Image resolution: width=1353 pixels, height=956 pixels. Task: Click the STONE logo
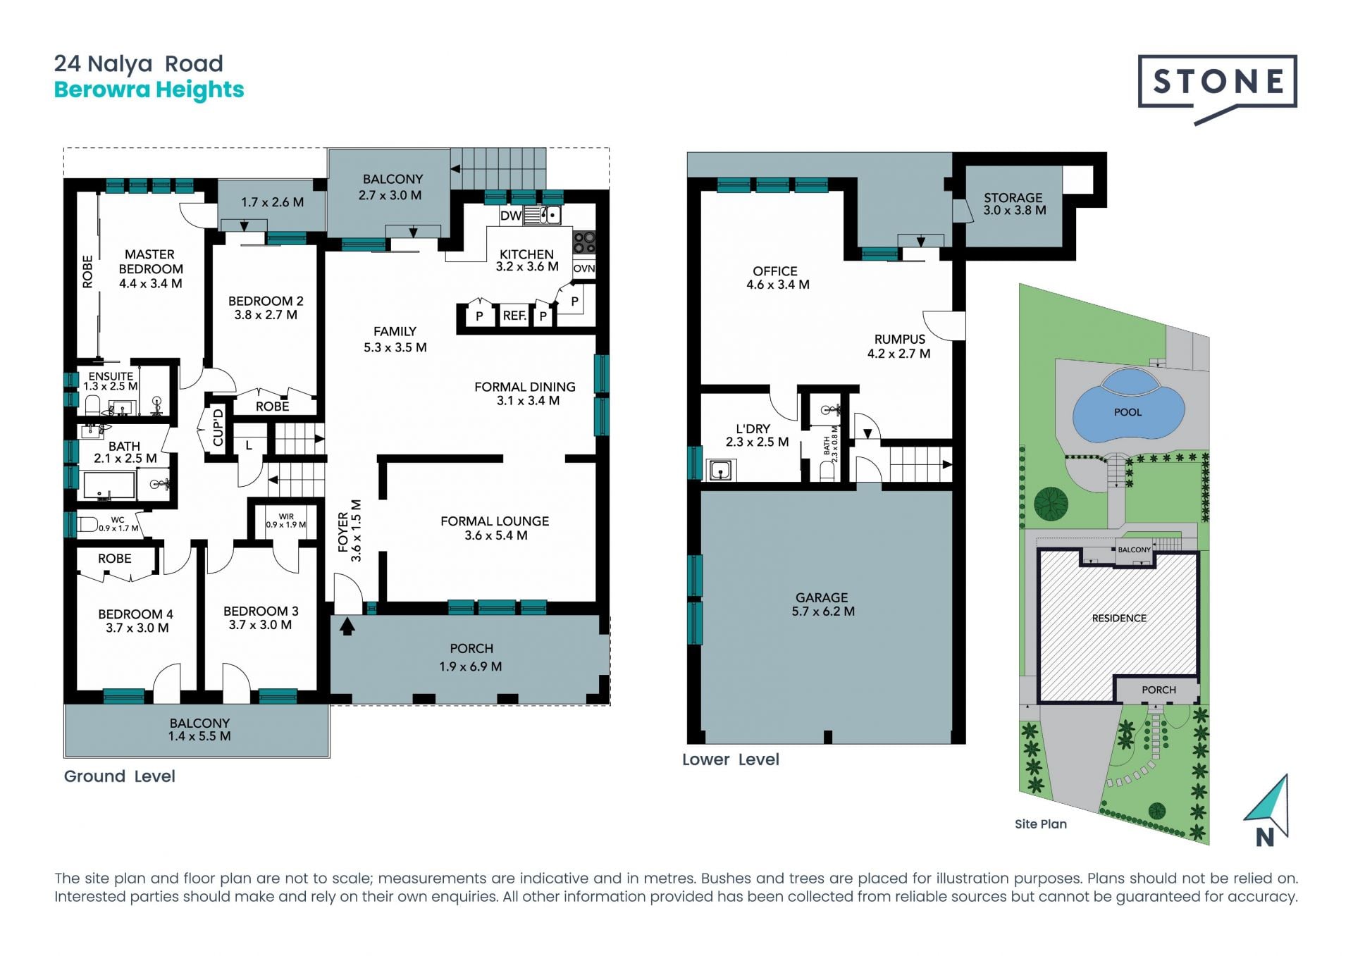point(1217,89)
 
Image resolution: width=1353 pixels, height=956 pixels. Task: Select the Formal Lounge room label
point(495,521)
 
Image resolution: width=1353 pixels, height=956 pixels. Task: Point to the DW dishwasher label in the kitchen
point(510,216)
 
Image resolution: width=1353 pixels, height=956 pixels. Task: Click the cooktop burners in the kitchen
point(584,242)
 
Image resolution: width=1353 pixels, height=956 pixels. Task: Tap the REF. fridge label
point(514,316)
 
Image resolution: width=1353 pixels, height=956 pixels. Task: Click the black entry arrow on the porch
point(347,626)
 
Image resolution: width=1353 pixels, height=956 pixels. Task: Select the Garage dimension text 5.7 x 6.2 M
point(823,612)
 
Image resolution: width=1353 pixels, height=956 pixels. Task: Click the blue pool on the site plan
point(1127,412)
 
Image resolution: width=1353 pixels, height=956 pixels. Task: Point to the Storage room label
point(1013,198)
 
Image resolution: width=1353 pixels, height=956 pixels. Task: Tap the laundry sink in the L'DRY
point(720,470)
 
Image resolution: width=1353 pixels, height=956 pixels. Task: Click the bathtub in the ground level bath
point(109,485)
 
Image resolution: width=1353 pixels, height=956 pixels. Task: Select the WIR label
point(286,516)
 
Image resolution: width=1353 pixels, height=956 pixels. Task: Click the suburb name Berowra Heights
point(149,89)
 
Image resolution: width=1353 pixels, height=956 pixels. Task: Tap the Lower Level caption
point(731,759)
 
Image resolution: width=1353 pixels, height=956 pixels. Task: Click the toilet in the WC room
point(87,524)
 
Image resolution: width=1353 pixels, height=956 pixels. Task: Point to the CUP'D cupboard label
point(218,427)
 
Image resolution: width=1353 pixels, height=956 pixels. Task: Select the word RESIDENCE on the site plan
point(1119,619)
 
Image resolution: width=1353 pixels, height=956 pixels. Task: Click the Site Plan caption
point(1041,824)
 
